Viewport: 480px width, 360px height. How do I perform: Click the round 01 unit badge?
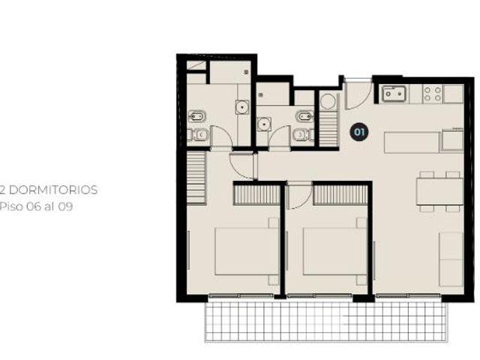[x=359, y=132]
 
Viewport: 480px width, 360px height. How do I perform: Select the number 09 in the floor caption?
[x=65, y=207]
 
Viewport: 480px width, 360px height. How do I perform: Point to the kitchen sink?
[x=394, y=94]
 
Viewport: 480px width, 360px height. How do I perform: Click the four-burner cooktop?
[x=432, y=94]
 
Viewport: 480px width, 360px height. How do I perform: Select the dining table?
[x=439, y=192]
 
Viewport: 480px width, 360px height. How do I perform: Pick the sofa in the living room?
[x=451, y=259]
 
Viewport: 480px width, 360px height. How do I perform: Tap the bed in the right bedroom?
[x=334, y=251]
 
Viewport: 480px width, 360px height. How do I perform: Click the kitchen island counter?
[x=412, y=142]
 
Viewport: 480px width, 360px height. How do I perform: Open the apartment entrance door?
[x=358, y=94]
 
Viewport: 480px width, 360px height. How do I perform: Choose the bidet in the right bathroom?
[x=305, y=116]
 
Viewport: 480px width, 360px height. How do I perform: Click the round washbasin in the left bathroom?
[x=242, y=107]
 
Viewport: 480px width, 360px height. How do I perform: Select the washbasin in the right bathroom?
[x=263, y=124]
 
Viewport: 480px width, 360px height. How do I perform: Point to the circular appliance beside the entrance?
[x=328, y=101]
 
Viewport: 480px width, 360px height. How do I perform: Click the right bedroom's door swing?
[x=299, y=196]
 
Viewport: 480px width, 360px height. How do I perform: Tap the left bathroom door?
[x=221, y=136]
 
